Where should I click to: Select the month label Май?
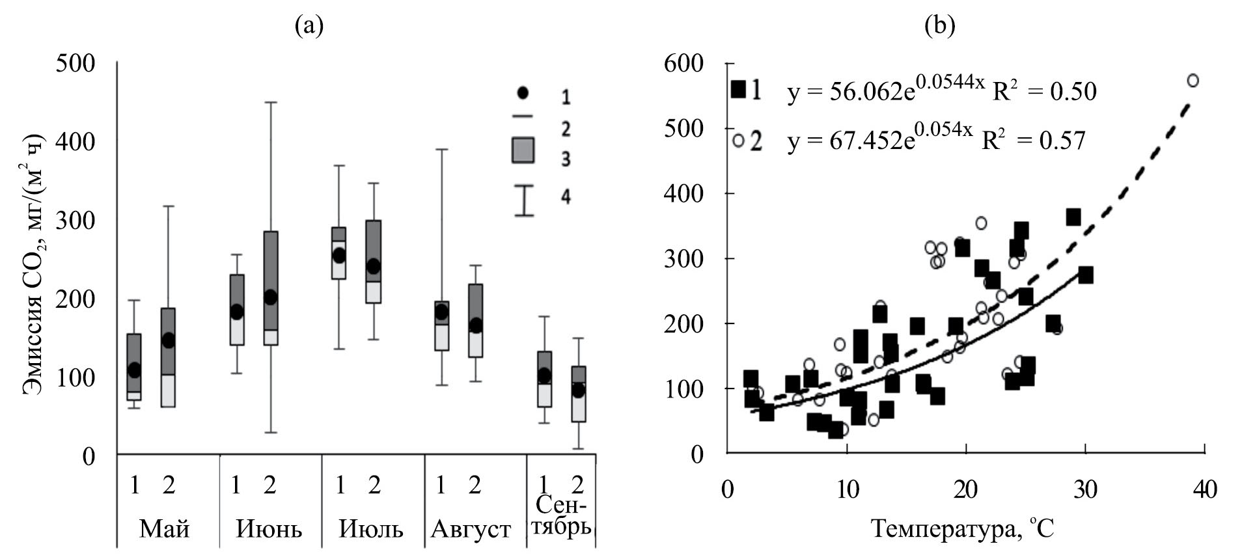pyautogui.click(x=165, y=529)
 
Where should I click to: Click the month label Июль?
pyautogui.click(x=371, y=529)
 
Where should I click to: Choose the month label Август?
pyautogui.click(x=471, y=529)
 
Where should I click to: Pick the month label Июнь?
pyautogui.click(x=269, y=529)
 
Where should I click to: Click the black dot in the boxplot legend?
pyautogui.click(x=523, y=93)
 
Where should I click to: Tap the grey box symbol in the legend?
pyautogui.click(x=523, y=150)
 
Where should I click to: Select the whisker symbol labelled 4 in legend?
pyautogui.click(x=524, y=200)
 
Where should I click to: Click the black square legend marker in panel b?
pyautogui.click(x=739, y=88)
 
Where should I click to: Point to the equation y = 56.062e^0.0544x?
pyautogui.click(x=882, y=90)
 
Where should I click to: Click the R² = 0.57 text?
pyautogui.click(x=1034, y=139)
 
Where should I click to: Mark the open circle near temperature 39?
pyautogui.click(x=1193, y=81)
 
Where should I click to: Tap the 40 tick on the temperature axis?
pyautogui.click(x=1204, y=489)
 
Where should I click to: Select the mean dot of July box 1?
pyautogui.click(x=339, y=256)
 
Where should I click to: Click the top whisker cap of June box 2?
pyautogui.click(x=271, y=102)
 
